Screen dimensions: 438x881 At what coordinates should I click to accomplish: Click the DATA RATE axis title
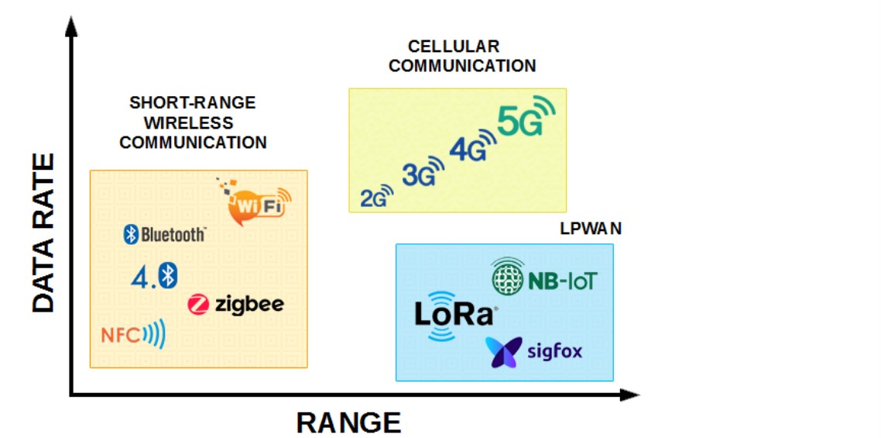tap(44, 233)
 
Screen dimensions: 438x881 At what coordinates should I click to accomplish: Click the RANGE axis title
tap(348, 422)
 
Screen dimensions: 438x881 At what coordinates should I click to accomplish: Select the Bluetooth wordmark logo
tap(165, 234)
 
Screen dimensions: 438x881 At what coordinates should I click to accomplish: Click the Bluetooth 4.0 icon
tap(153, 275)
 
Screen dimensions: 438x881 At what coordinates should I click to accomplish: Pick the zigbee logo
tap(236, 304)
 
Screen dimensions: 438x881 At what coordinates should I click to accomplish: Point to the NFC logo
tap(133, 335)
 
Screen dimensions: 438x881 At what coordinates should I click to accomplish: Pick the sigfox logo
tap(533, 352)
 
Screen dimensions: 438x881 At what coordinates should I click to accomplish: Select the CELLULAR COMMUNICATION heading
tap(462, 57)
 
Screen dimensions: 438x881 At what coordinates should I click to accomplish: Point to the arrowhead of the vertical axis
tap(71, 27)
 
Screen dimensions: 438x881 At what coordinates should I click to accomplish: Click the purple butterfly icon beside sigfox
tap(503, 352)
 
